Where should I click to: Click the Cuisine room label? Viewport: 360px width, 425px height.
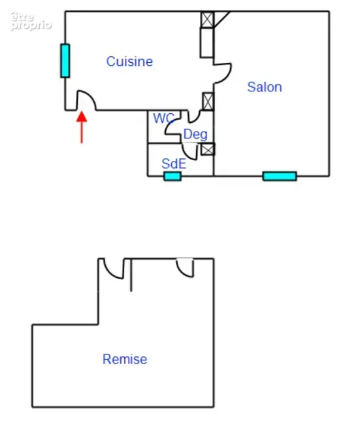(x=129, y=61)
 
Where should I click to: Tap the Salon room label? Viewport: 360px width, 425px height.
(x=265, y=87)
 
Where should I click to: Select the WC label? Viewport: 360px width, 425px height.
(x=163, y=118)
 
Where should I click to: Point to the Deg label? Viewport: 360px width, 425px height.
(x=195, y=134)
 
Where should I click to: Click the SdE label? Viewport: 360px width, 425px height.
(x=174, y=163)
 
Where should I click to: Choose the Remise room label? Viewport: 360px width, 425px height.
(x=125, y=359)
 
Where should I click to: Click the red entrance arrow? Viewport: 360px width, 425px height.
(x=82, y=127)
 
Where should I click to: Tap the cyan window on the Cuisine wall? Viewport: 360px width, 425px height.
(x=65, y=61)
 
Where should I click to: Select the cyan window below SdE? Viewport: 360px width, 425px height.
(x=172, y=177)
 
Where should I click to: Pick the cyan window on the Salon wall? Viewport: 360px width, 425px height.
(x=280, y=176)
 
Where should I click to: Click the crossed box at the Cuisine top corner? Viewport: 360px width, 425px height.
(x=207, y=20)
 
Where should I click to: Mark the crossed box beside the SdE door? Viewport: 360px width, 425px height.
(x=208, y=149)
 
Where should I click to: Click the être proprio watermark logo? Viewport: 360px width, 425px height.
(x=31, y=21)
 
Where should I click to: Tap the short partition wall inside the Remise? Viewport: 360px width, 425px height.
(x=131, y=275)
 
